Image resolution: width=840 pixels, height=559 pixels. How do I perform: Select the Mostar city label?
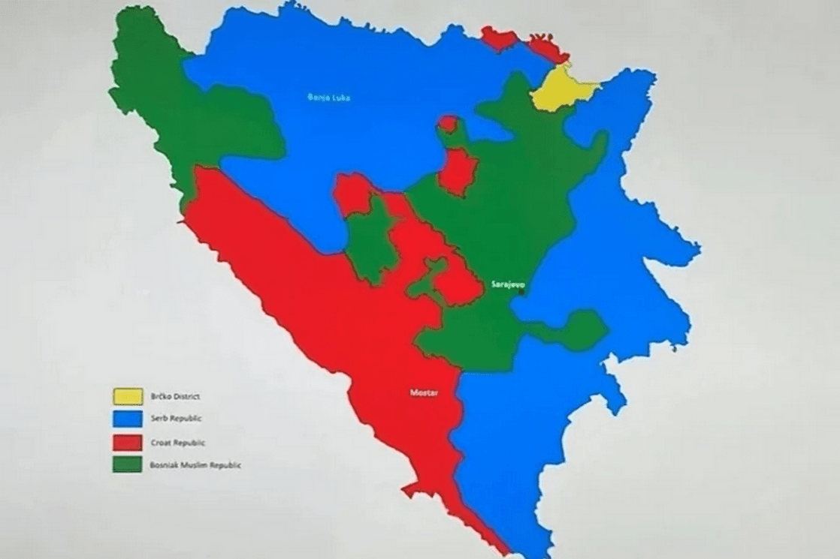[x=424, y=393]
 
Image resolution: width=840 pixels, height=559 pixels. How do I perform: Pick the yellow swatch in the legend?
[x=127, y=395]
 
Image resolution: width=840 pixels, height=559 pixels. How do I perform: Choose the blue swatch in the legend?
[x=127, y=418]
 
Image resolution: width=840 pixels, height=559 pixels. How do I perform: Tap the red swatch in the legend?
[x=127, y=442]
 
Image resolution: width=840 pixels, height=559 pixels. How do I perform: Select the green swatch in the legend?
[x=127, y=465]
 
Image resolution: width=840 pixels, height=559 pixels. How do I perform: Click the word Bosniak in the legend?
[x=165, y=466]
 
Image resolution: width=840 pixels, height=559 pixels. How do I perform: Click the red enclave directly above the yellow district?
[x=545, y=49]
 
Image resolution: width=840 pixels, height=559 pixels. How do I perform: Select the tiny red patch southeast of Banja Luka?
[x=449, y=123]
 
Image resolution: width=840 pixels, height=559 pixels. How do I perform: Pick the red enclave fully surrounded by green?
[x=458, y=171]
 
